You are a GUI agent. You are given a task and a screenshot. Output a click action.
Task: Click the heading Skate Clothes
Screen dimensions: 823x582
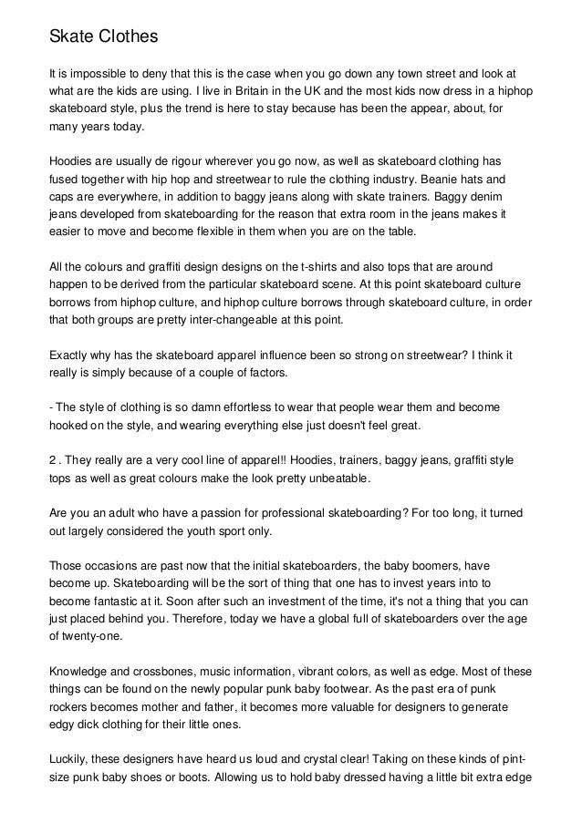[103, 37]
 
